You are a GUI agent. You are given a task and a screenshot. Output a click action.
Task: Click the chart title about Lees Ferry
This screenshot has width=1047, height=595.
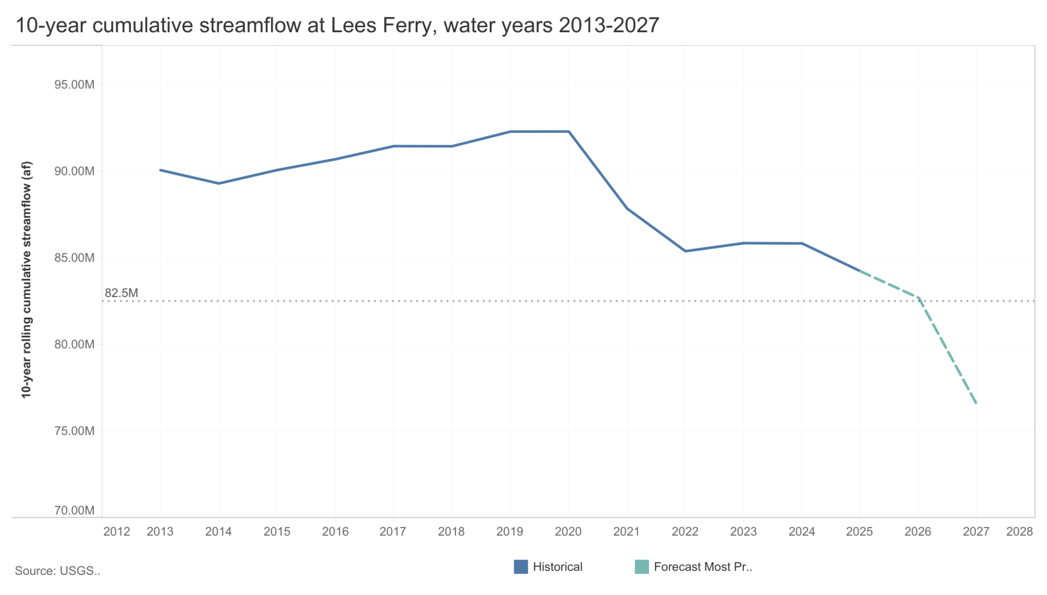(337, 25)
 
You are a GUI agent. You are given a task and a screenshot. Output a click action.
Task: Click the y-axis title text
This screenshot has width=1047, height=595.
(26, 280)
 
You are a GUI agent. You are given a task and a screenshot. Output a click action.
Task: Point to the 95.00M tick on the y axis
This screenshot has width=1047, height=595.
(74, 84)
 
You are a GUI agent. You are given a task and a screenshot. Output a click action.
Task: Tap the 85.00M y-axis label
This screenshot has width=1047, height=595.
(74, 258)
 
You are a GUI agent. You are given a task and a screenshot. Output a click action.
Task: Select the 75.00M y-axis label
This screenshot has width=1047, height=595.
(74, 431)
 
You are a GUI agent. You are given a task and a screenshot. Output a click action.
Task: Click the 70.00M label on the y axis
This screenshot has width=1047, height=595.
(74, 511)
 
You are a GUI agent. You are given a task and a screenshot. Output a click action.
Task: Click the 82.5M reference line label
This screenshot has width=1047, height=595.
(121, 293)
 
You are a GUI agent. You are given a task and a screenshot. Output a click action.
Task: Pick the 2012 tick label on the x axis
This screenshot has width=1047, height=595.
(117, 532)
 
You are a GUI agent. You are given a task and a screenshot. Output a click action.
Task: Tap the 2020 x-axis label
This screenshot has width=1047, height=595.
(568, 532)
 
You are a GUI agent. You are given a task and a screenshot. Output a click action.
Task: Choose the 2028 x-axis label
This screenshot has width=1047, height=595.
(1019, 532)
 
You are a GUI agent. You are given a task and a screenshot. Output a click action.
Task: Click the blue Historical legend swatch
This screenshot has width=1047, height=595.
(521, 567)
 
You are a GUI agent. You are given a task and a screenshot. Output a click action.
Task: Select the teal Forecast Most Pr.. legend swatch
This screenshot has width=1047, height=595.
(642, 567)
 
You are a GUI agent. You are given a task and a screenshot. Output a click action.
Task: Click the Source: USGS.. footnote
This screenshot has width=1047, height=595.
(57, 571)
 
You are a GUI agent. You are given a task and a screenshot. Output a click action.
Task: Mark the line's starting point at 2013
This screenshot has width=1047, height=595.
(160, 170)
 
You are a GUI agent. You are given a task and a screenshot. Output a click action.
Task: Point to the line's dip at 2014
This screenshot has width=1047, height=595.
(219, 184)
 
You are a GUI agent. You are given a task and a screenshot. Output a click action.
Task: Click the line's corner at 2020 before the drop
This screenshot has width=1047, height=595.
(569, 131)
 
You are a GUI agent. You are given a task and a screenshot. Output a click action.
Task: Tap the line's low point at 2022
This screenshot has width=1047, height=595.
(685, 251)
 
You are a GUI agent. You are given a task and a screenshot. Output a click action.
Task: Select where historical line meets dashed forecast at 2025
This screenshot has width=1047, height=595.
(860, 271)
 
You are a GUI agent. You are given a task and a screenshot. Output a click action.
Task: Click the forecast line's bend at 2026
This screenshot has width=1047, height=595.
(918, 297)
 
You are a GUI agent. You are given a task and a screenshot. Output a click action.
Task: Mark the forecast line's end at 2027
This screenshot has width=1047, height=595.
(976, 404)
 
